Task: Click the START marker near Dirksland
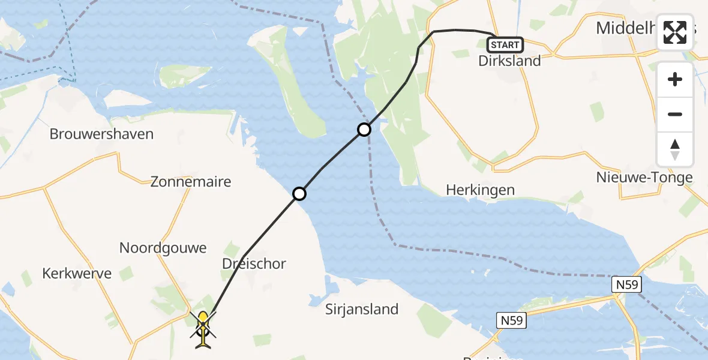(505, 45)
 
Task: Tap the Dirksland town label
(509, 61)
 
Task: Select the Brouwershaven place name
(101, 134)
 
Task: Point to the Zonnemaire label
(191, 182)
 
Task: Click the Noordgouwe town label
(163, 248)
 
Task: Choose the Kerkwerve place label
(77, 274)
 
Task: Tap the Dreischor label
(254, 263)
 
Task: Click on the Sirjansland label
(362, 309)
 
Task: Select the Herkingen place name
(480, 190)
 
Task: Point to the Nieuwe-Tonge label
(644, 178)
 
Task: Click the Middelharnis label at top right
(624, 27)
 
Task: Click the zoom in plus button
(675, 79)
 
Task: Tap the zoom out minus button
(675, 114)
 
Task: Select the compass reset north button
(675, 149)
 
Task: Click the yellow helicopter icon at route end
(203, 328)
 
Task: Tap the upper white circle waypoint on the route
(364, 129)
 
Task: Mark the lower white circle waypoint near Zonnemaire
(299, 193)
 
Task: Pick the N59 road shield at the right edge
(625, 285)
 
